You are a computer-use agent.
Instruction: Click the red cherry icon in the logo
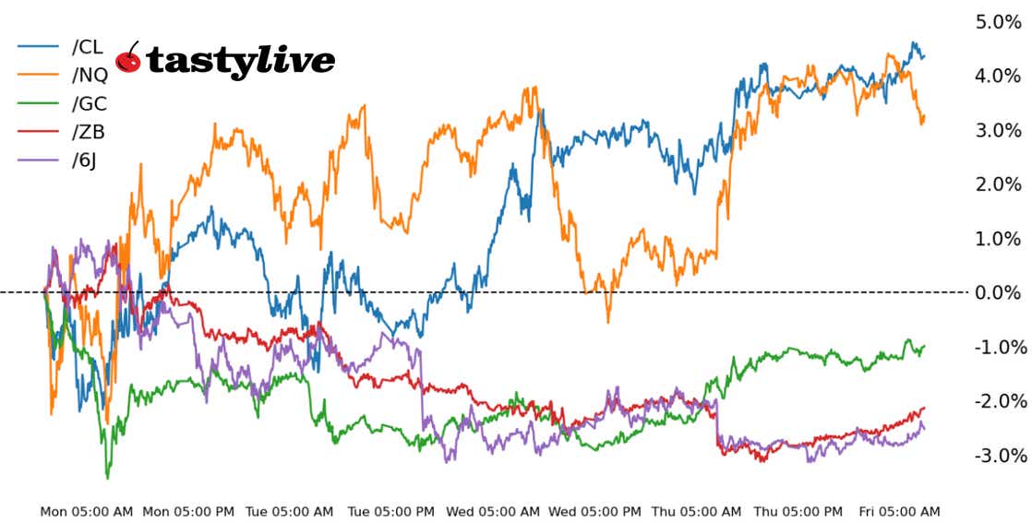pos(129,60)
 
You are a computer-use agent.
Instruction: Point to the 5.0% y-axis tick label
pos(998,22)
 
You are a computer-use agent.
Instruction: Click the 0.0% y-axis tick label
pos(998,293)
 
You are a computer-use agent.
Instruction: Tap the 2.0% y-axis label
pos(998,184)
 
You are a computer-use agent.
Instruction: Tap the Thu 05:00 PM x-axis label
pos(798,511)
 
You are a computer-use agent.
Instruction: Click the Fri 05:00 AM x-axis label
pos(898,511)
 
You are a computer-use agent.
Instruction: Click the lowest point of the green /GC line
pos(108,478)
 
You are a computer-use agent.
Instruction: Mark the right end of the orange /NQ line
pos(924,117)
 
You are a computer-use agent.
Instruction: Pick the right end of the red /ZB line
pos(924,408)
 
